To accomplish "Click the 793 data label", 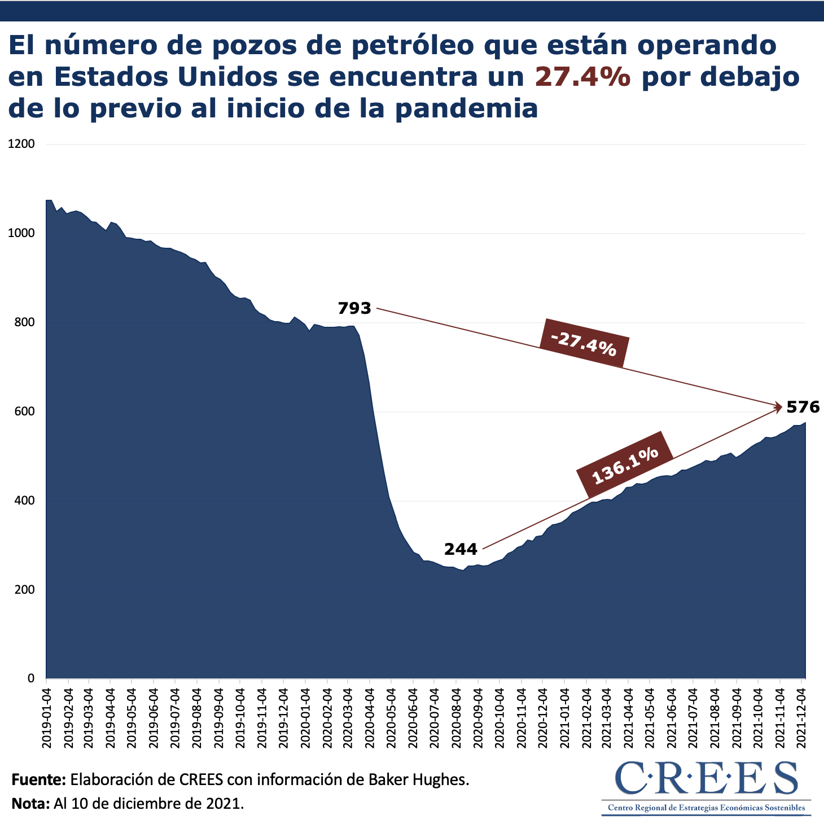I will (x=354, y=309).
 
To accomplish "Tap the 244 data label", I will (x=461, y=549).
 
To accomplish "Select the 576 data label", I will (x=803, y=407).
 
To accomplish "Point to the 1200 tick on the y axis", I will (x=21, y=144).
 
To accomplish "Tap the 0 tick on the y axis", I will (x=31, y=678).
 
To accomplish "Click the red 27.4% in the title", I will (x=582, y=77).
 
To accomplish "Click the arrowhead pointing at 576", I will (x=779, y=405).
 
